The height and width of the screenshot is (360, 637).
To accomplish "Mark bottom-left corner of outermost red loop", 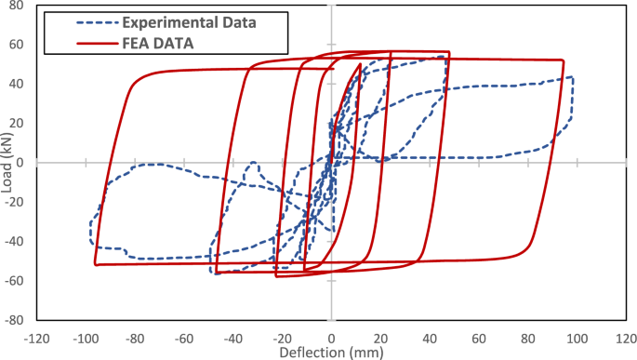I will [96, 264].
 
